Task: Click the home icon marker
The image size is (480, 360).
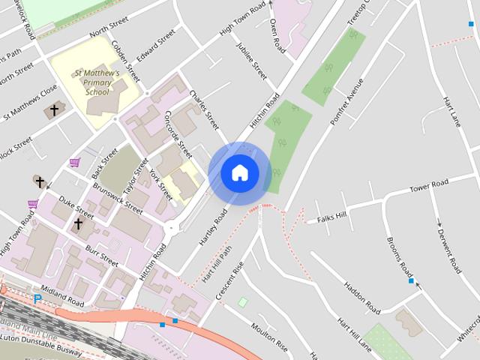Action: pos(239,173)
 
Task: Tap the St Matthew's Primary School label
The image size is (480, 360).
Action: pos(96,82)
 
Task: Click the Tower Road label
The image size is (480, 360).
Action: pos(428,184)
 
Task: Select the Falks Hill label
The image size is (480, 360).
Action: pos(332,217)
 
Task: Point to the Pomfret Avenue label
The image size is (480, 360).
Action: pos(346,100)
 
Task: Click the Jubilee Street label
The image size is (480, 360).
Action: pos(251,60)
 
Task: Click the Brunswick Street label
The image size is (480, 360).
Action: pos(124,196)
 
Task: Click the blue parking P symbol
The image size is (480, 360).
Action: pos(37,298)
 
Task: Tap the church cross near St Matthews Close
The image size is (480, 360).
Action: pos(52,111)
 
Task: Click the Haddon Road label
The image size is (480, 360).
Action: pos(362,297)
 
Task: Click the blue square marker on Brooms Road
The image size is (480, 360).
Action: pos(411,281)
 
